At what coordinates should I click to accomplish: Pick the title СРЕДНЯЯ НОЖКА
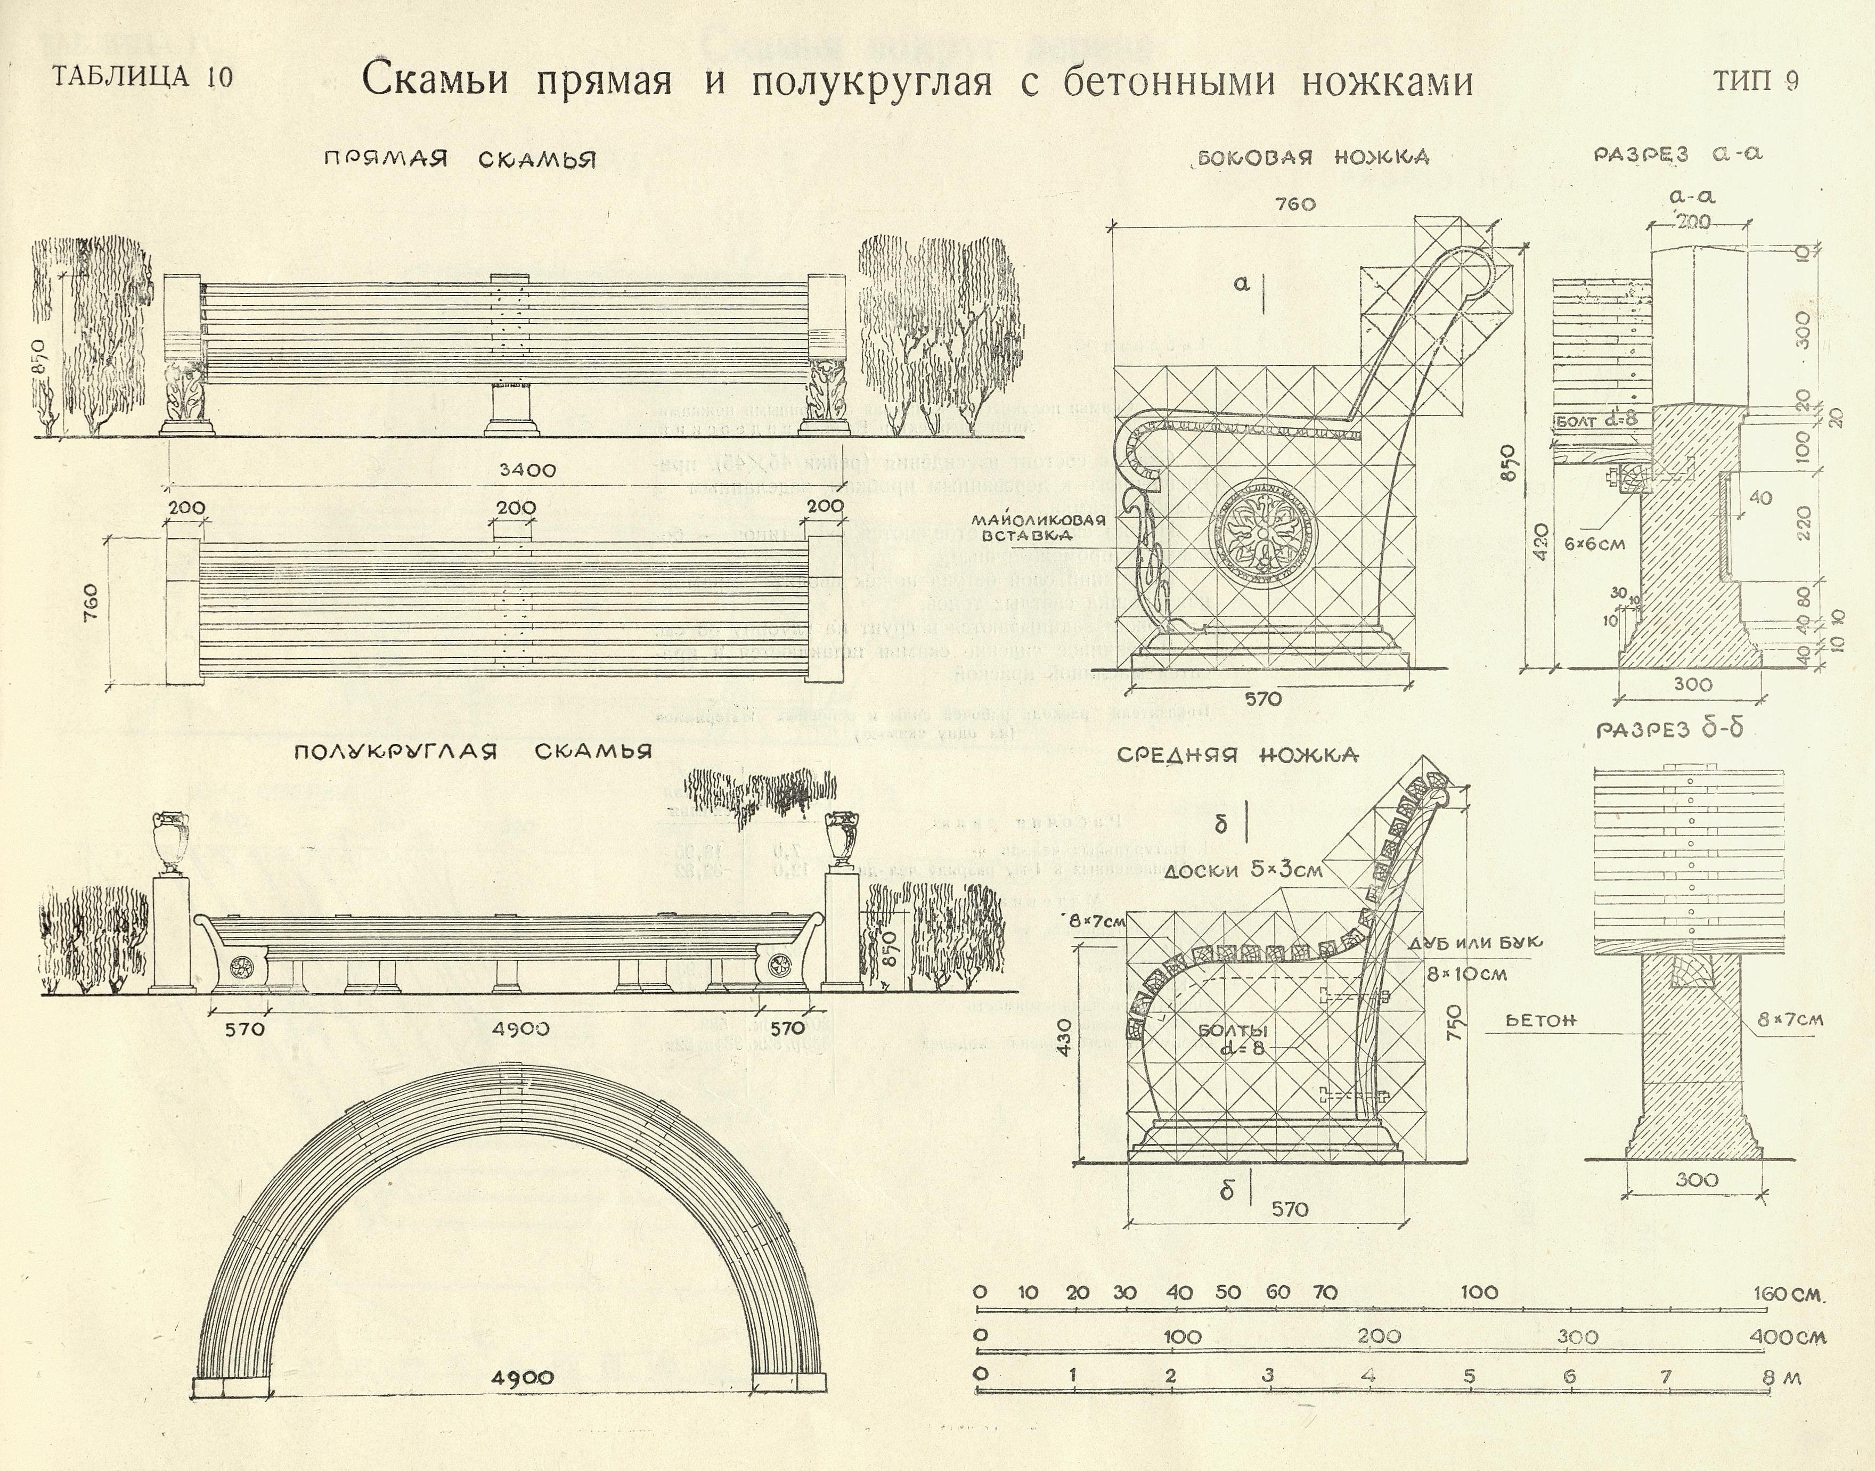1237,755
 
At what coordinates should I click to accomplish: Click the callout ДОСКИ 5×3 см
1243,870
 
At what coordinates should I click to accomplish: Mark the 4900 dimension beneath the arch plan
522,1378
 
